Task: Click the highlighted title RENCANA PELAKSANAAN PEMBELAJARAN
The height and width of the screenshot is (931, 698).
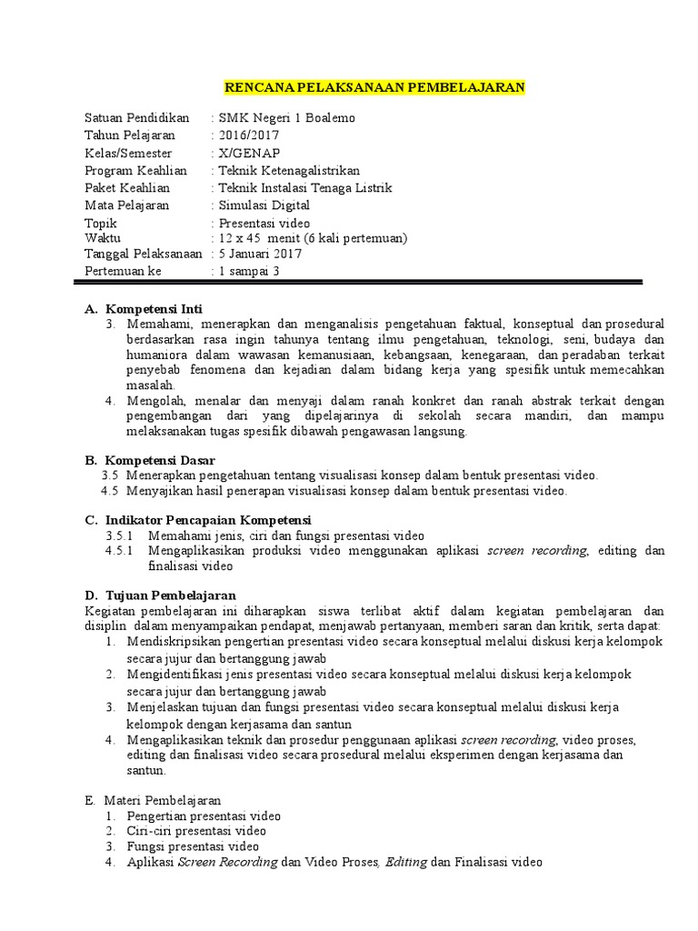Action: click(x=374, y=87)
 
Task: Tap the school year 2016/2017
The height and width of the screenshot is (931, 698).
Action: click(x=248, y=135)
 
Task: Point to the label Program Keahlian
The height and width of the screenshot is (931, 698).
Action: click(x=135, y=170)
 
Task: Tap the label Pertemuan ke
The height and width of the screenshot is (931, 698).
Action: click(x=123, y=271)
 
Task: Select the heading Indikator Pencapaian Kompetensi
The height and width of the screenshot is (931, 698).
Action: click(x=209, y=520)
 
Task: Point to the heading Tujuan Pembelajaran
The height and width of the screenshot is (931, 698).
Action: click(x=165, y=596)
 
